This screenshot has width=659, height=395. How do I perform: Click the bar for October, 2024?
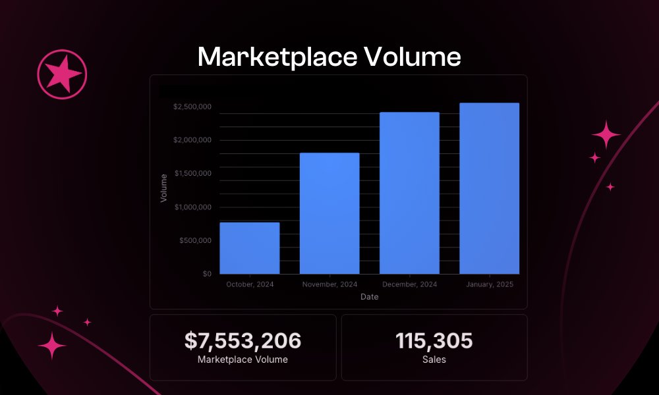(x=249, y=248)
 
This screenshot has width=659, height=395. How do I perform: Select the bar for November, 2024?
(x=329, y=213)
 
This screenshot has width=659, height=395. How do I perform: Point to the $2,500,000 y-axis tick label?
(x=192, y=107)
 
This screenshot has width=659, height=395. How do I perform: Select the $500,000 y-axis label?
(x=195, y=240)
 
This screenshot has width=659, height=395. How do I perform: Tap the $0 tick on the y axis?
(x=206, y=274)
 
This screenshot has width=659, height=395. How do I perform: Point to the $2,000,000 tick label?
(x=192, y=140)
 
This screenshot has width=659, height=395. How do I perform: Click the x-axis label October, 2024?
(x=250, y=284)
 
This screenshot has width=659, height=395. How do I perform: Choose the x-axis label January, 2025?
(x=489, y=284)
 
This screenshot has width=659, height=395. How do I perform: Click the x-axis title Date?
(x=369, y=297)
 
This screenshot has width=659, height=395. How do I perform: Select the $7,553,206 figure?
(x=243, y=341)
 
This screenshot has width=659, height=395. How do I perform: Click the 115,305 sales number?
(x=434, y=341)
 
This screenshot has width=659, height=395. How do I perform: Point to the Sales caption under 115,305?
(x=434, y=359)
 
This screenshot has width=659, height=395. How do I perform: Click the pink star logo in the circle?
(x=62, y=71)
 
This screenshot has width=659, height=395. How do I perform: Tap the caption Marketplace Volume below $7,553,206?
(x=243, y=359)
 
